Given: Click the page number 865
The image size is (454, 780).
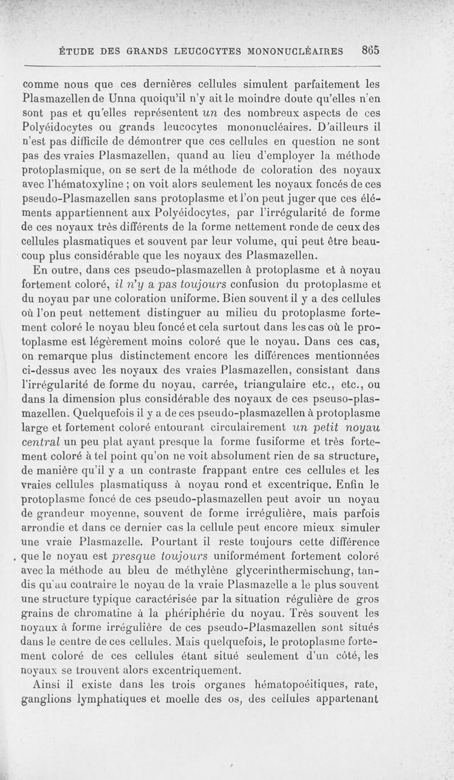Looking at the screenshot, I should pyautogui.click(x=369, y=50).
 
